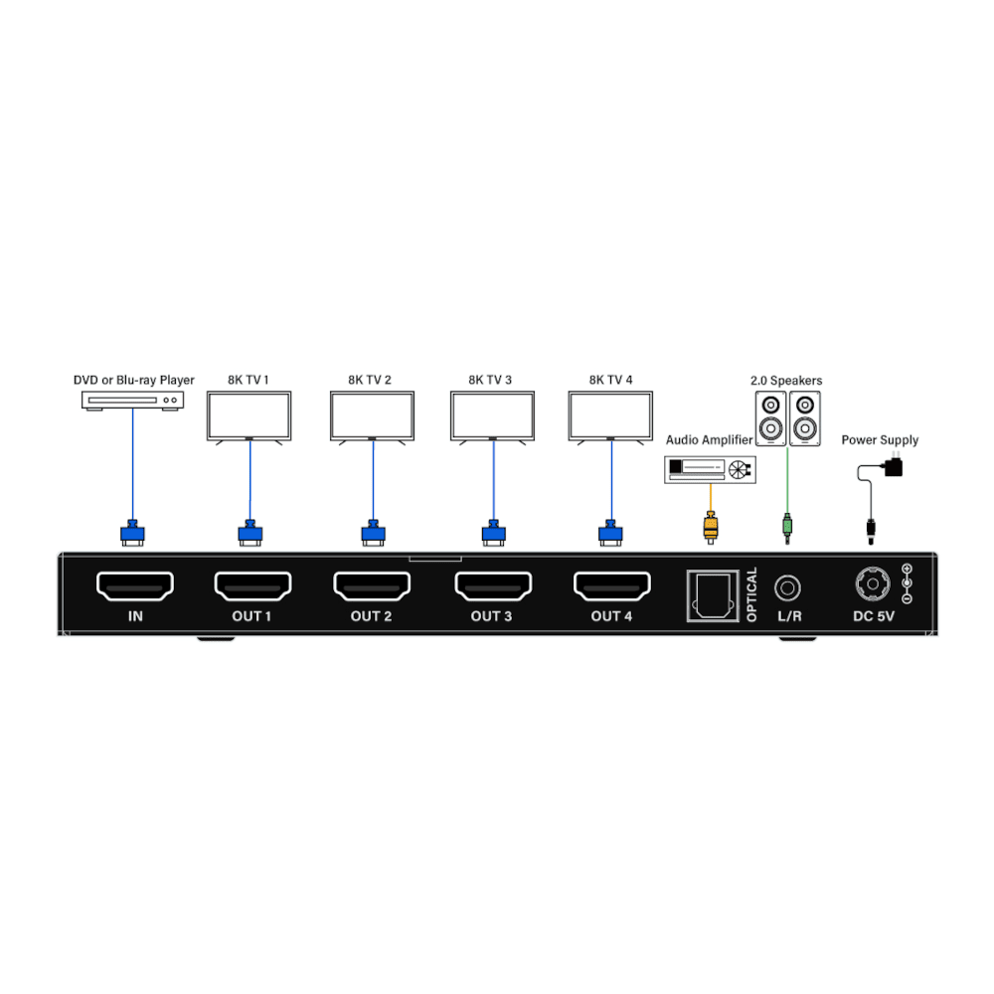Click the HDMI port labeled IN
pos(135,586)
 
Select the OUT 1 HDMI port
pos(252,586)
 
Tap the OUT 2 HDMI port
pos(372,586)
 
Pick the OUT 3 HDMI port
pos(492,586)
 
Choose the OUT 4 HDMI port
pos(611,586)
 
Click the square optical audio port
pos(712,595)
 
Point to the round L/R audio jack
pos(788,587)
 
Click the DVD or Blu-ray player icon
pos(132,400)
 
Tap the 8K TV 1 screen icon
pos(248,415)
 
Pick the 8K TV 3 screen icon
pos(492,415)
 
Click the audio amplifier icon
pos(709,469)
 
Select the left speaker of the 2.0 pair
pos(770,418)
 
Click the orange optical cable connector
pos(710,526)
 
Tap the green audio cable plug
pos(787,526)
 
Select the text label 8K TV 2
pos(370,380)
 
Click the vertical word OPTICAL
pos(751,594)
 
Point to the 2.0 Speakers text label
pos(786,381)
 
